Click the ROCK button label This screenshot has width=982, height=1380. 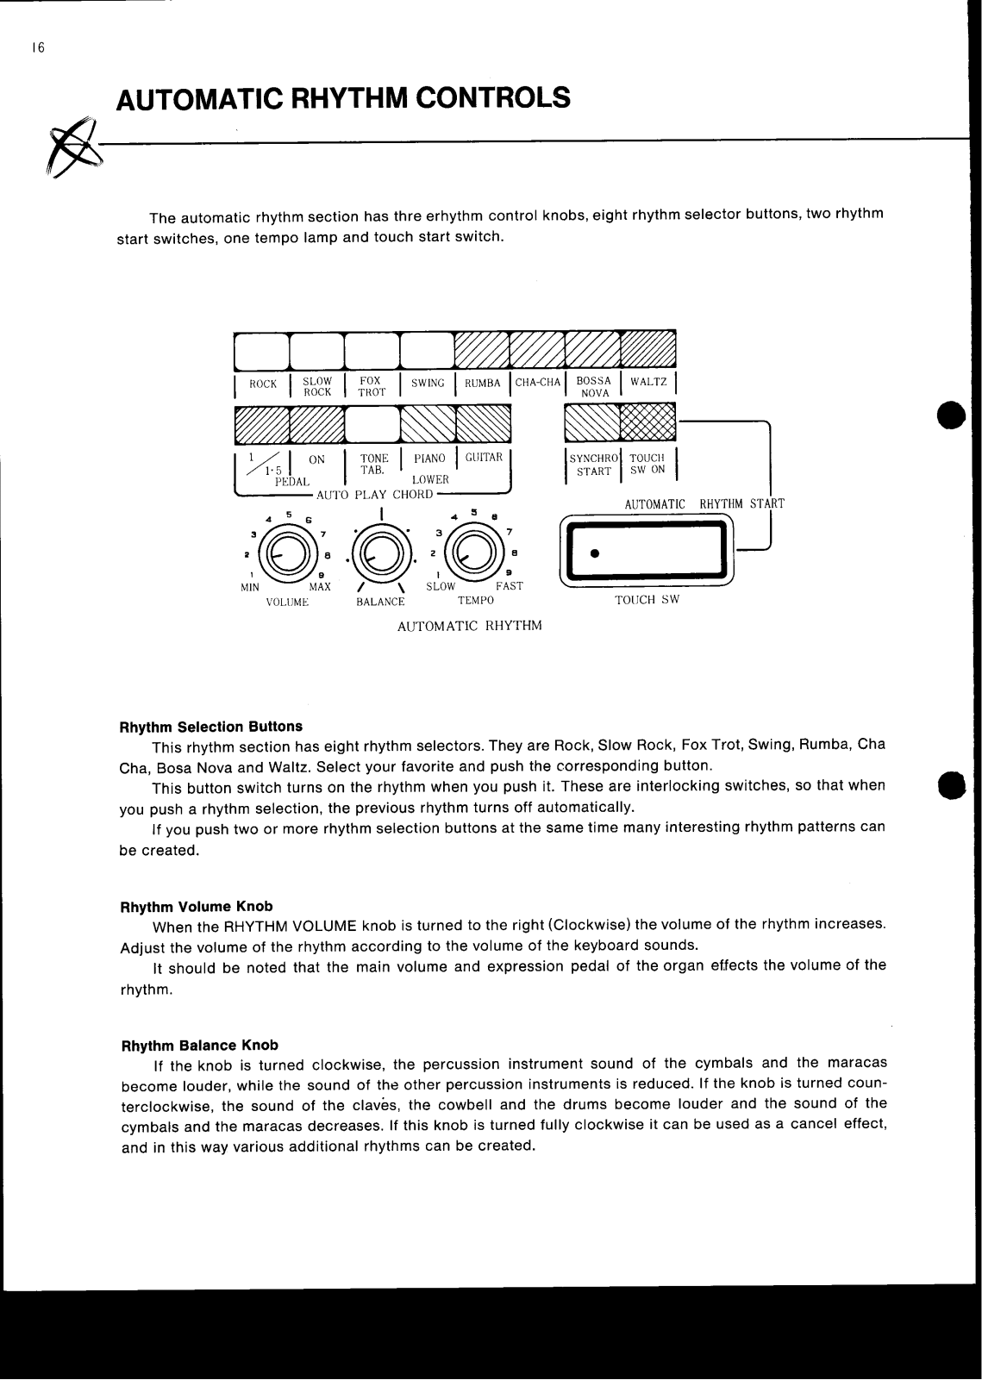[263, 384]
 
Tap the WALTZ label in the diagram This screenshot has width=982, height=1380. [648, 382]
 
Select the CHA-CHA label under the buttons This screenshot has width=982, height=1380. [538, 383]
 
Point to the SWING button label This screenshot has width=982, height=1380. [428, 384]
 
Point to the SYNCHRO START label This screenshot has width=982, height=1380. [594, 465]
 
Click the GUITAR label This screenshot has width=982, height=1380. [484, 458]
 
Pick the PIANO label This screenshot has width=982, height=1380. [429, 459]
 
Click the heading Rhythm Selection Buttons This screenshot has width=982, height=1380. [210, 727]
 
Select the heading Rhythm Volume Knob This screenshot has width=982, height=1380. [196, 907]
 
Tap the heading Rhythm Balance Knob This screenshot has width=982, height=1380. [199, 1046]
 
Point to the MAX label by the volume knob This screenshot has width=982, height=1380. [320, 587]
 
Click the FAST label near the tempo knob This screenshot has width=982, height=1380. [510, 586]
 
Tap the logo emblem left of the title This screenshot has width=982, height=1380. [73, 147]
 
